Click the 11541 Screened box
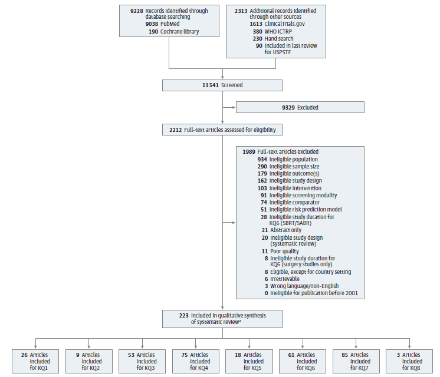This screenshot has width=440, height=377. [x=222, y=85]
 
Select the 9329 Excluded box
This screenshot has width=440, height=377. [x=300, y=107]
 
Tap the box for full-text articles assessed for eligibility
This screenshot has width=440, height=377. [x=222, y=130]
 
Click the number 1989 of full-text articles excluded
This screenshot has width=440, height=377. [x=248, y=152]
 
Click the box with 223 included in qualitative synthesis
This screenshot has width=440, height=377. [x=222, y=319]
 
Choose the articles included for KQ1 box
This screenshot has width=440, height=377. [x=35, y=361]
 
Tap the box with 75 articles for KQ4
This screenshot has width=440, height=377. [x=195, y=361]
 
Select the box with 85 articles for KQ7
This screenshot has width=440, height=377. [x=356, y=361]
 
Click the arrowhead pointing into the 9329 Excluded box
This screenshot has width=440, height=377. [x=234, y=107]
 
